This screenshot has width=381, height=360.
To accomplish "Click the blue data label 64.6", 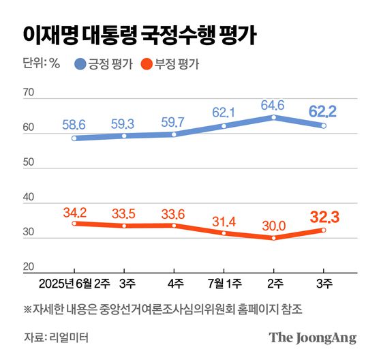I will tap(273, 104).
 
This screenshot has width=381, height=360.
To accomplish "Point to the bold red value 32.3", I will tap(322, 217).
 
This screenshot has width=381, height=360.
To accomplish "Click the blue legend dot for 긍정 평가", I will tap(80, 65).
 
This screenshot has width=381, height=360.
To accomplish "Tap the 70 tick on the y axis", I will tap(28, 92).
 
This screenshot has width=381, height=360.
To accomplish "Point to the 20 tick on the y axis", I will tap(28, 267).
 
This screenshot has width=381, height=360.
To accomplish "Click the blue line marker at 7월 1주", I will tap(224, 126).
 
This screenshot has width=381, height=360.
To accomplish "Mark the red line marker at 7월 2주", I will tap(273, 238).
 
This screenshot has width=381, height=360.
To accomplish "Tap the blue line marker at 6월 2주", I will tap(74, 138).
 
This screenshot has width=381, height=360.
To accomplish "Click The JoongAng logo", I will tap(312, 337).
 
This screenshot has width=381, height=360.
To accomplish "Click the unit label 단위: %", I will tap(42, 65).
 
